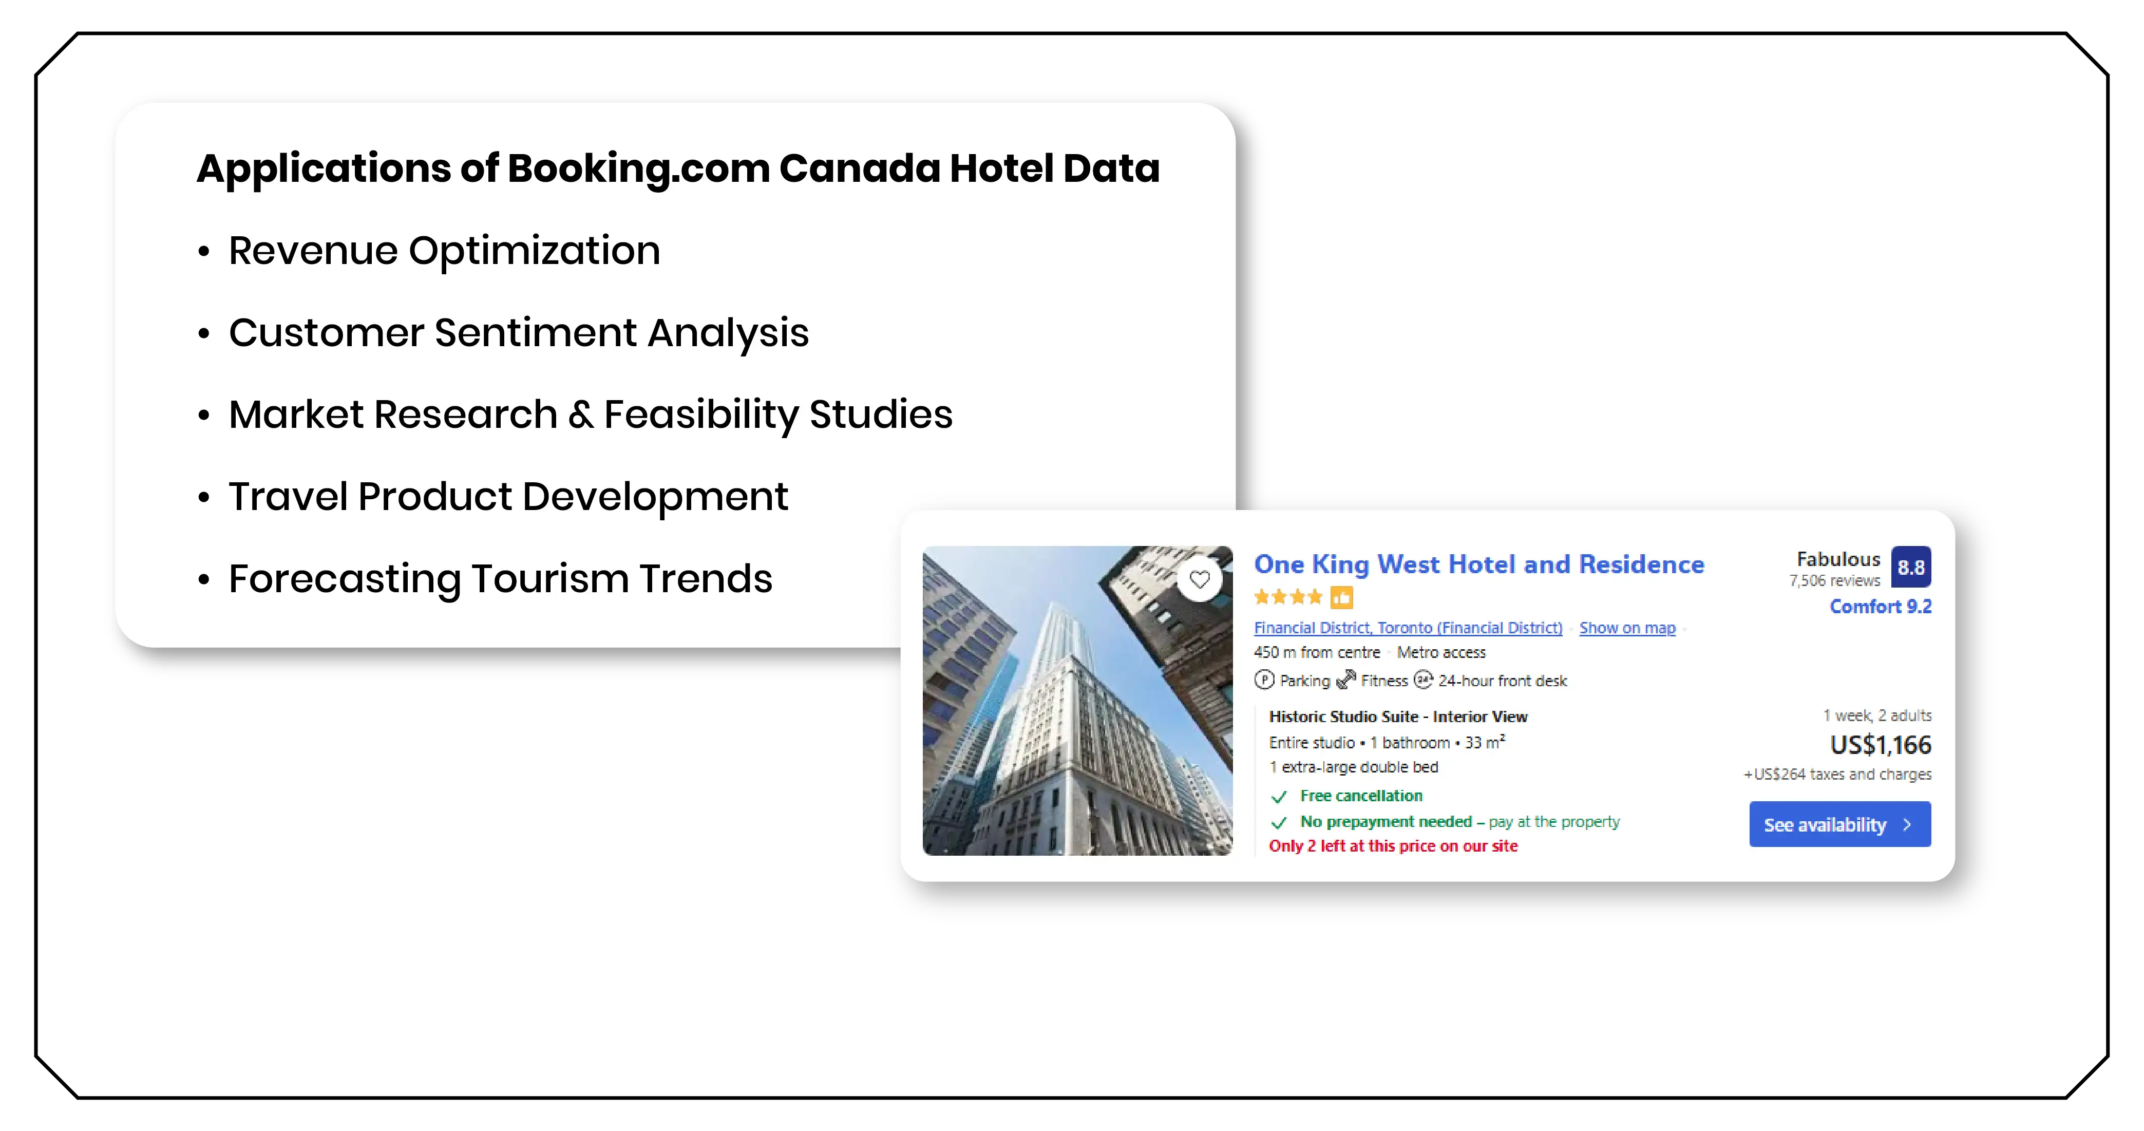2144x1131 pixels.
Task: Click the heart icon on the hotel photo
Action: (x=1199, y=579)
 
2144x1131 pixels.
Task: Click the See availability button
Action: (x=1839, y=825)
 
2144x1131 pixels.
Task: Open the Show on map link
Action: (x=1627, y=628)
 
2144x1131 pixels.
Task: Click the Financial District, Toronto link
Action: (x=1408, y=628)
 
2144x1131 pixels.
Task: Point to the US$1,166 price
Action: (x=1880, y=745)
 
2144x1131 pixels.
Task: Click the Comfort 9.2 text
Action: (x=1880, y=607)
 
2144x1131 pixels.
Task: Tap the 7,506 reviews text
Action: (x=1834, y=581)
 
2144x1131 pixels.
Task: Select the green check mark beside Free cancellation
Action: (x=1279, y=797)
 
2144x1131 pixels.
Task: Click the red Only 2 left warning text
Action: (x=1392, y=846)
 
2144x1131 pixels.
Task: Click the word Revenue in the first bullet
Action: (x=313, y=251)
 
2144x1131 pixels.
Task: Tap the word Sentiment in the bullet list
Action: (x=535, y=333)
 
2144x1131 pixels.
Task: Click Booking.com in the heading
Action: (x=638, y=169)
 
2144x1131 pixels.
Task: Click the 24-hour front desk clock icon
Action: (x=1423, y=680)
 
